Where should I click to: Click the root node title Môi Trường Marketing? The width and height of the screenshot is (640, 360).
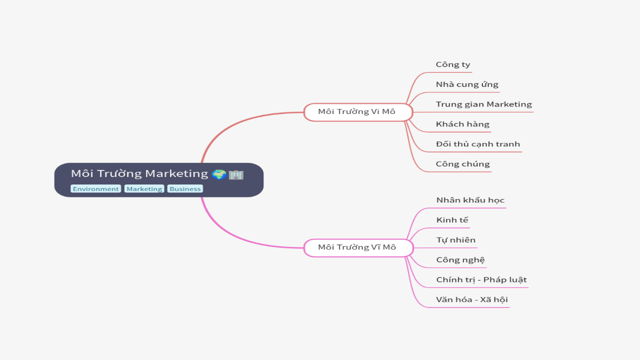click(139, 173)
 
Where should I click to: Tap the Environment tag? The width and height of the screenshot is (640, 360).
click(95, 189)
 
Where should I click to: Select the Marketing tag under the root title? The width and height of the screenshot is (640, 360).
click(144, 189)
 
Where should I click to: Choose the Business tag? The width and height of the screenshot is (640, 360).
click(185, 189)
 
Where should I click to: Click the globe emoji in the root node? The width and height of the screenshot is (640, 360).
click(218, 174)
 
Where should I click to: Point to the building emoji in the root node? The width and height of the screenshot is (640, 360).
click(236, 174)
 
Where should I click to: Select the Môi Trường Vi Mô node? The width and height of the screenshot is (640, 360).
click(357, 111)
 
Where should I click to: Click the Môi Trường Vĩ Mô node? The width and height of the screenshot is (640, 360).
click(357, 247)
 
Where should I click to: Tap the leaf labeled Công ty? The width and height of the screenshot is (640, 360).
click(453, 64)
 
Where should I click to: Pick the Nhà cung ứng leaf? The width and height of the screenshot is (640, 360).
click(467, 84)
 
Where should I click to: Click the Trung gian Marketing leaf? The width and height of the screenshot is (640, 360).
click(483, 104)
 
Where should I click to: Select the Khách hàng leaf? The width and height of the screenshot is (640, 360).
click(462, 124)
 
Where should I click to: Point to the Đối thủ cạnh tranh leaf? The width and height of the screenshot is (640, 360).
click(478, 144)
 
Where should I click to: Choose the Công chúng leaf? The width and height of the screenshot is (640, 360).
click(462, 164)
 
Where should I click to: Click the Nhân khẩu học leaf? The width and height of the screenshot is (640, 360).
click(470, 200)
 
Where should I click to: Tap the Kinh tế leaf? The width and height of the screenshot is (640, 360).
click(452, 220)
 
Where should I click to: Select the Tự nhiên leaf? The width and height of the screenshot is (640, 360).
click(456, 240)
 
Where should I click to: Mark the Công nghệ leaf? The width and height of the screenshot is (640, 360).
click(460, 260)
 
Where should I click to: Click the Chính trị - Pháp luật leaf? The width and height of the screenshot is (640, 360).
click(481, 280)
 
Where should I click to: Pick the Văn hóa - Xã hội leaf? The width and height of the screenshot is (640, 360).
click(472, 300)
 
